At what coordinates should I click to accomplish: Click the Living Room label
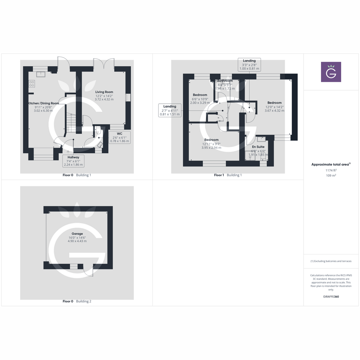[x=104, y=92]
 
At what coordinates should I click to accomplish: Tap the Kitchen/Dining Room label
[x=43, y=103]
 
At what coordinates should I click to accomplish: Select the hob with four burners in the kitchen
[x=32, y=84]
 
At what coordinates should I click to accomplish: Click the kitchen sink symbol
[x=41, y=74]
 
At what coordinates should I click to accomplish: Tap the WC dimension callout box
[x=119, y=137]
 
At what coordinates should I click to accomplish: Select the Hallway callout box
[x=73, y=161]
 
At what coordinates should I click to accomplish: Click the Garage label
[x=77, y=234]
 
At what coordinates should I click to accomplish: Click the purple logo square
[x=331, y=72]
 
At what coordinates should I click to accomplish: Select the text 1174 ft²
[x=331, y=170]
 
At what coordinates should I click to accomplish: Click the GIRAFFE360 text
[x=331, y=297]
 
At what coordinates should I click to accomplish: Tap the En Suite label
[x=258, y=147]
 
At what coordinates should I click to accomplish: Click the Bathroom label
[x=225, y=81]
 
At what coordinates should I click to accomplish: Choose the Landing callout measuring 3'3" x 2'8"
[x=249, y=65]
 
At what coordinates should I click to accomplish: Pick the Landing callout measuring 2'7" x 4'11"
[x=170, y=110]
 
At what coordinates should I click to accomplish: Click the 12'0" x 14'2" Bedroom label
[x=274, y=103]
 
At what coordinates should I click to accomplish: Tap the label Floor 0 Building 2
[x=77, y=301]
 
